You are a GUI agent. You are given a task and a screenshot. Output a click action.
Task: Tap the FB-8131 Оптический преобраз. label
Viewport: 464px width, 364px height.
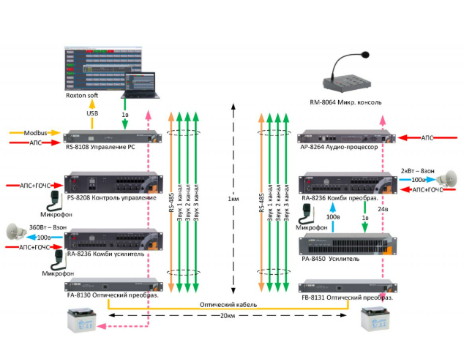(x=348, y=298)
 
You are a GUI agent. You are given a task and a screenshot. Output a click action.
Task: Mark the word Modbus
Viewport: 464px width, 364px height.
(x=35, y=133)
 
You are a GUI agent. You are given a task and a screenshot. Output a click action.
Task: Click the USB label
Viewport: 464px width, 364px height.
(x=92, y=114)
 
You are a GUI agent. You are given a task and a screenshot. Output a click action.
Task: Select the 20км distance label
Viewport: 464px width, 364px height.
(x=228, y=327)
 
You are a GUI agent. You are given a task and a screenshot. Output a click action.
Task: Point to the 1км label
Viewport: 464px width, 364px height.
(x=233, y=200)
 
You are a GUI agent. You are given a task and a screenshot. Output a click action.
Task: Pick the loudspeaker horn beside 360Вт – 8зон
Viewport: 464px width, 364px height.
(x=16, y=233)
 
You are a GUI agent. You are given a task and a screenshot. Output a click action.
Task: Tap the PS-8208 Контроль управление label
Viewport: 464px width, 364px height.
(x=111, y=198)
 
